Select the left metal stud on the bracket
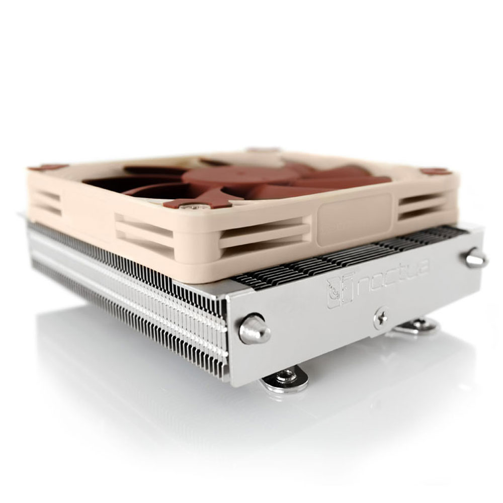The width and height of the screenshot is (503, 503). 254,331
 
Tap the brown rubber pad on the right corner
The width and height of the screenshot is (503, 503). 436,172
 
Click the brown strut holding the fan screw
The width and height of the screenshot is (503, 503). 201,199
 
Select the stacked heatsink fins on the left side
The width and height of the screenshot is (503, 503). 126,292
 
